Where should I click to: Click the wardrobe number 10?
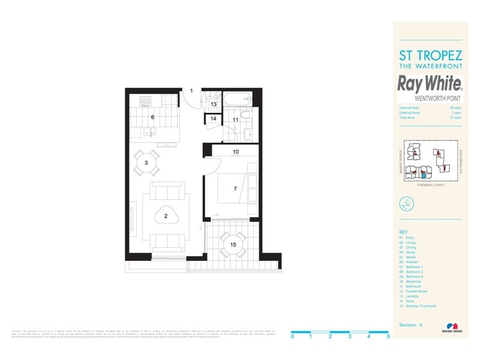236,152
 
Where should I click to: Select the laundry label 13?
213,104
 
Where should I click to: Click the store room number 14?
213,119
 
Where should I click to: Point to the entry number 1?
191,91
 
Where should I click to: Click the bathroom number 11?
236,120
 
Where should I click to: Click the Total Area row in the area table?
430,118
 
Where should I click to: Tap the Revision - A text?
411,324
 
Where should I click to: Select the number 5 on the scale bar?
389,337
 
